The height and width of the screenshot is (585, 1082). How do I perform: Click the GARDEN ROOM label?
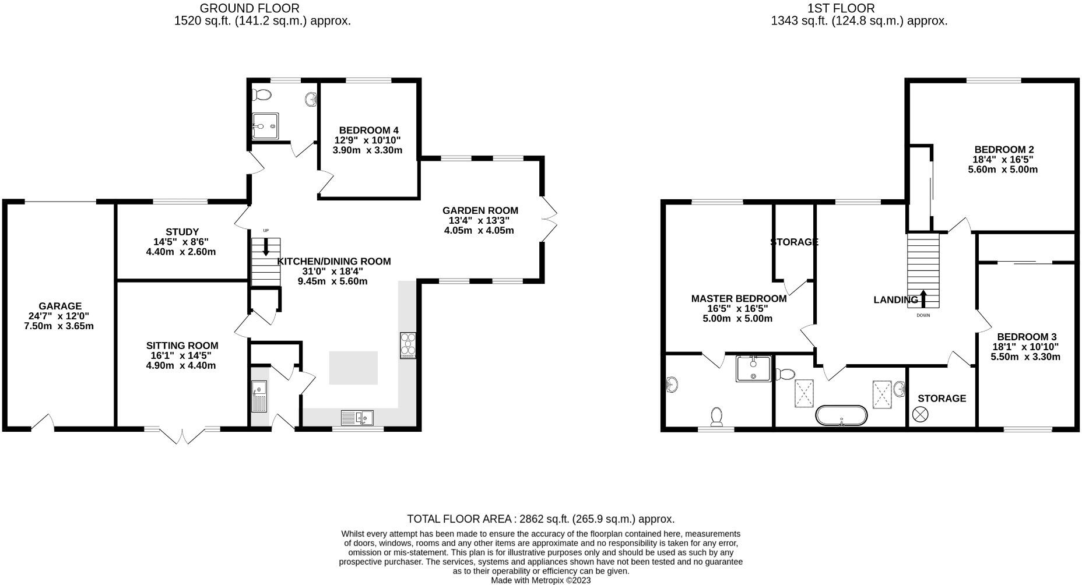(x=480, y=210)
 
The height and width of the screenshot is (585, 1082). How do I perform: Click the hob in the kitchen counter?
(x=408, y=345)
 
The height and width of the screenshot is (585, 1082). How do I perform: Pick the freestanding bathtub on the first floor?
(x=841, y=415)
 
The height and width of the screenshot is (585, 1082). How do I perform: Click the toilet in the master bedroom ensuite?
(x=718, y=417)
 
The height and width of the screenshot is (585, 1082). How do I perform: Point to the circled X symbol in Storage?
(x=921, y=415)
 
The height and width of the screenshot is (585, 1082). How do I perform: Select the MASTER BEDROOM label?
(x=739, y=298)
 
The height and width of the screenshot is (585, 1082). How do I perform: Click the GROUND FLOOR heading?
(x=250, y=8)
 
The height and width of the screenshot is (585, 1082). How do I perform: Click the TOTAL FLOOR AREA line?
(x=540, y=519)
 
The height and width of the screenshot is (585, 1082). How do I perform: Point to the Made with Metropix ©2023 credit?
(x=540, y=580)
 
